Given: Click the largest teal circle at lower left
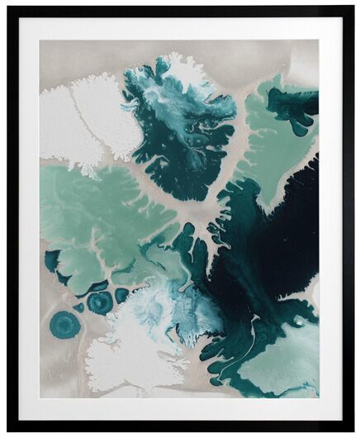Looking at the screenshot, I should click(67, 325).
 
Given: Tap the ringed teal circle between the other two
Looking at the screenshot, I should click(101, 303).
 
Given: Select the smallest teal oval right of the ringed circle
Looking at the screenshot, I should click(122, 295).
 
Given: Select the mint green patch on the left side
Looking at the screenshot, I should click(99, 215).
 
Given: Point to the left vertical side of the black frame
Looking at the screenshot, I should click(12, 219).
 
